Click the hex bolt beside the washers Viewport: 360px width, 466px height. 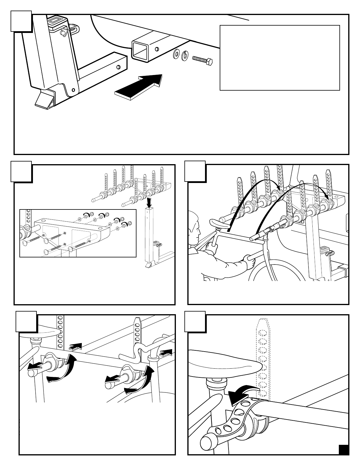click(202, 60)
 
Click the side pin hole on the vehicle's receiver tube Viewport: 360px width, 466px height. click(157, 48)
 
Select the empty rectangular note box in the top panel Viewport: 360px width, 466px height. click(280, 58)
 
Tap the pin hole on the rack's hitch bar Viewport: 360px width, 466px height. click(119, 66)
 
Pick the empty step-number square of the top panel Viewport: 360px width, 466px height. click(21, 21)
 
